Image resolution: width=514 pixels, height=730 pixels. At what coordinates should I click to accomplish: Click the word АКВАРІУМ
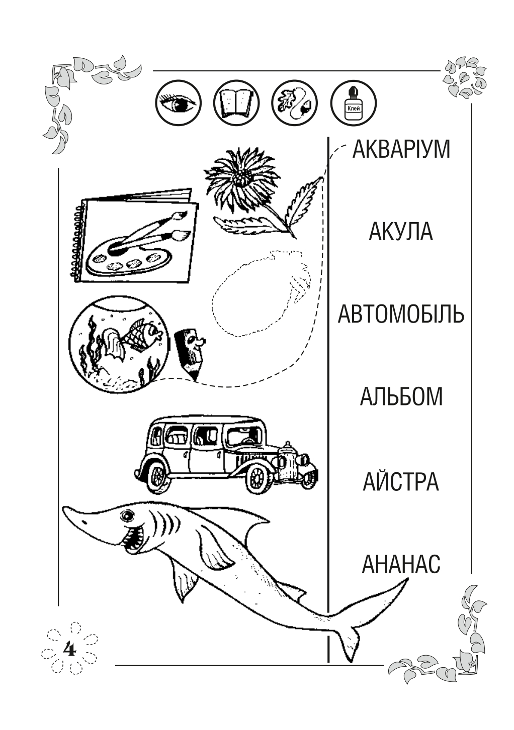[x=401, y=149]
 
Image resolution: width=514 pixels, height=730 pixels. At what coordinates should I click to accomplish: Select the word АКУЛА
[x=401, y=232]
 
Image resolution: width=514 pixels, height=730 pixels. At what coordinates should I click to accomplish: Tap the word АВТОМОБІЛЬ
[x=401, y=314]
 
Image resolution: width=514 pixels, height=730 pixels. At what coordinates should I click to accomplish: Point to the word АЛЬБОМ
[x=401, y=396]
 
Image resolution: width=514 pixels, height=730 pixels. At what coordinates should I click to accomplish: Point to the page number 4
[x=69, y=649]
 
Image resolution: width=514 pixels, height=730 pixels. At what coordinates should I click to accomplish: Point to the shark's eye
[x=126, y=515]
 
